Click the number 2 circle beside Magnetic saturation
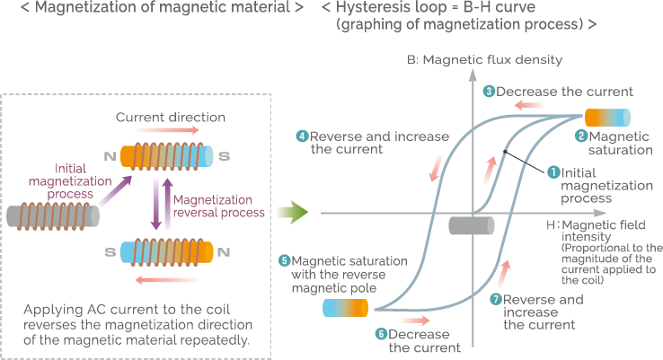[581, 136]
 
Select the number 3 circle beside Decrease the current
[489, 91]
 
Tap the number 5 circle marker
[285, 260]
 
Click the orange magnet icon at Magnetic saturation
[607, 117]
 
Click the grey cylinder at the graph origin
[471, 224]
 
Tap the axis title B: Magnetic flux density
[483, 60]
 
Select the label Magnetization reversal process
[218, 206]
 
